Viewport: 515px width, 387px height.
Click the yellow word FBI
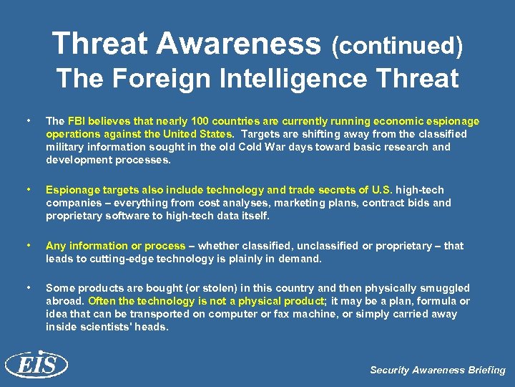[x=77, y=121]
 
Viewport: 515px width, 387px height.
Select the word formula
[x=438, y=301]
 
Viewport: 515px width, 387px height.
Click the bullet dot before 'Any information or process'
[x=27, y=245]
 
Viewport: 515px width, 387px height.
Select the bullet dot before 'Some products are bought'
[x=27, y=287]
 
